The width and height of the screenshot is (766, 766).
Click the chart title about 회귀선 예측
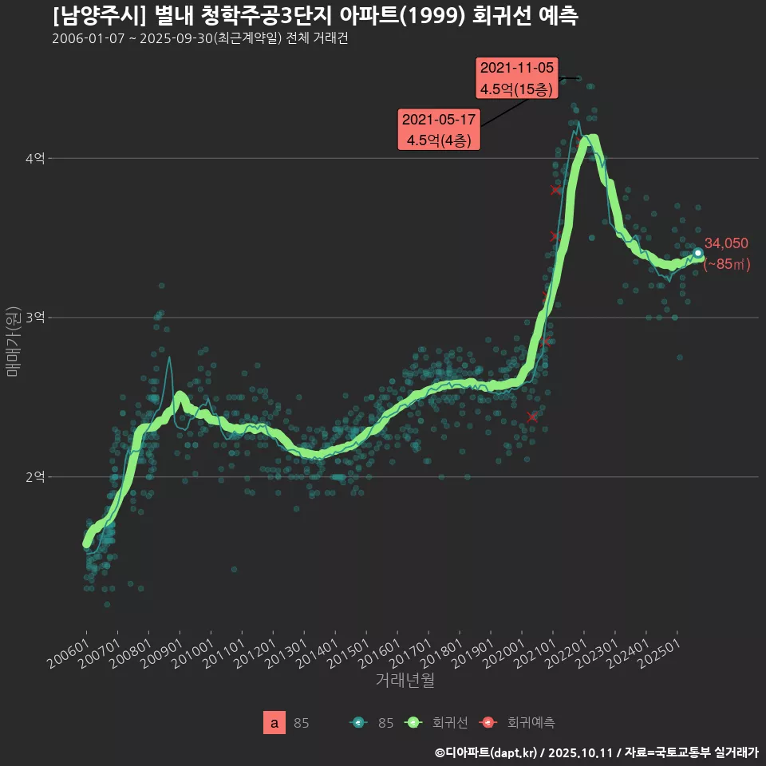click(315, 16)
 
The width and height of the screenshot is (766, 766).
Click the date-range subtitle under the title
click(199, 39)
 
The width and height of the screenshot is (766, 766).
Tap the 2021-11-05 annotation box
click(516, 78)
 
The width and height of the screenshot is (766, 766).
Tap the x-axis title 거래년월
click(405, 681)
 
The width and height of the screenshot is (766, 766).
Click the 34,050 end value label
click(725, 244)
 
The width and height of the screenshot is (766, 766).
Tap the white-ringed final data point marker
click(697, 253)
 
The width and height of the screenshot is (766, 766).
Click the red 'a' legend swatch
click(274, 723)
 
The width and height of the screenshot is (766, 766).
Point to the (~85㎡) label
click(726, 264)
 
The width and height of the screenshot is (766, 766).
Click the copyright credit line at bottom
click(596, 752)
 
